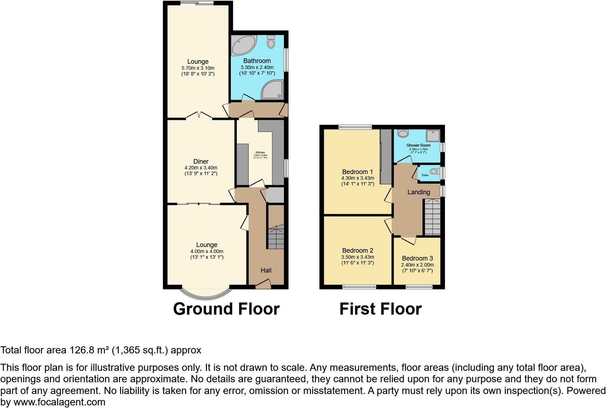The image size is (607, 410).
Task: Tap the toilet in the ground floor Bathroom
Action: (271, 42)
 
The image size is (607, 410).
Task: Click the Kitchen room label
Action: (260, 152)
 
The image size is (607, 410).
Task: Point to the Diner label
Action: (201, 162)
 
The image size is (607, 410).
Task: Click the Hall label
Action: (266, 270)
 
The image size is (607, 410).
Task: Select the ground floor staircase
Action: (276, 237)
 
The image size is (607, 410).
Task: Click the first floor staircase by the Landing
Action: (432, 217)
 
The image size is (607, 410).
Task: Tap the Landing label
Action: (419, 192)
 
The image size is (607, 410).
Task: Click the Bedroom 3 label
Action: (417, 258)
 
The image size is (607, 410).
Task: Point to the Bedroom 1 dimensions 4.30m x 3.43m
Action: (358, 178)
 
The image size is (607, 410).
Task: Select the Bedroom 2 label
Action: (358, 251)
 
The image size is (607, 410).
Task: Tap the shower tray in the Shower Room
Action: (434, 135)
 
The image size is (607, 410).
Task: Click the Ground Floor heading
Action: (226, 309)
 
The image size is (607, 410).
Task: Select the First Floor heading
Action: (380, 309)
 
